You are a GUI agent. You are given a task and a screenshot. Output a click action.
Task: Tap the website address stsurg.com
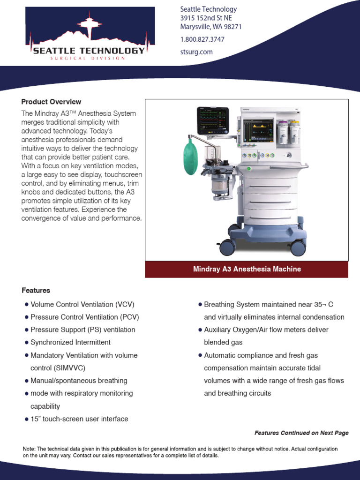(x=196, y=52)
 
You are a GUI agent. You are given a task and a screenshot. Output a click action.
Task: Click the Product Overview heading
(x=51, y=102)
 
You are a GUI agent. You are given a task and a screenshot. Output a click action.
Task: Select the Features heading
(x=36, y=291)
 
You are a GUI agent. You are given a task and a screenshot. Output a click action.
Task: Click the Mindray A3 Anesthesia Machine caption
(x=247, y=269)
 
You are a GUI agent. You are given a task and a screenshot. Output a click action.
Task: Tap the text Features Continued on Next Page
(x=301, y=433)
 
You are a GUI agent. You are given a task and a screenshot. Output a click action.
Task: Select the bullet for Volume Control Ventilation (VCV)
(x=26, y=305)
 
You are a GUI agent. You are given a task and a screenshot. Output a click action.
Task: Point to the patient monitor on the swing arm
(x=212, y=120)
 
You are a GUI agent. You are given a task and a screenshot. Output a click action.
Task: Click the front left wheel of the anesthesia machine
(x=227, y=247)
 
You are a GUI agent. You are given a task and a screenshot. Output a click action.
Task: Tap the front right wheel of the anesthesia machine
(x=298, y=247)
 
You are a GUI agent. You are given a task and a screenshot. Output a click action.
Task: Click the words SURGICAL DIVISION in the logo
(x=88, y=59)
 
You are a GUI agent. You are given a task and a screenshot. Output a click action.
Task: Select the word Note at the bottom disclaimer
(x=28, y=449)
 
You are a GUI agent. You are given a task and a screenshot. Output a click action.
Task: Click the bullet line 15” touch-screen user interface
(x=79, y=419)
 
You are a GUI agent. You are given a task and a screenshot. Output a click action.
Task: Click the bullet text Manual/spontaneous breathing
(x=79, y=381)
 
